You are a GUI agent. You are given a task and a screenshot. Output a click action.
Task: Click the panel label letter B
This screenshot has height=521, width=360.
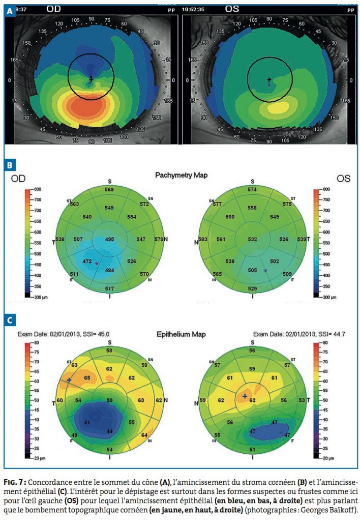point(10,165)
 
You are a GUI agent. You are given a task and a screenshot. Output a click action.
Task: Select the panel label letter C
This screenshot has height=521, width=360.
point(10,320)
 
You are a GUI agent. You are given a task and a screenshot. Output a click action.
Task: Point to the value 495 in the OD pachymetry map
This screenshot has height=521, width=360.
point(109,239)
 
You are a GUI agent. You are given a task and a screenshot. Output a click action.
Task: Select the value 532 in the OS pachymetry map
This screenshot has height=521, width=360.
point(252,239)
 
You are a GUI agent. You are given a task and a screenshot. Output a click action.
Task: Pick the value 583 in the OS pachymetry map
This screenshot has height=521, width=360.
point(203,239)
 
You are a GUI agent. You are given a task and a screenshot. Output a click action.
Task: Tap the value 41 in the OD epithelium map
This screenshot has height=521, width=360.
point(87,423)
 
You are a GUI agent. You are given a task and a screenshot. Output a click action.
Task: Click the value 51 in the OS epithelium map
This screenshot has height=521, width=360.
point(253,449)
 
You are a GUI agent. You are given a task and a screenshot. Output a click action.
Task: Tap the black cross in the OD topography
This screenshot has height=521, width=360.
point(91,79)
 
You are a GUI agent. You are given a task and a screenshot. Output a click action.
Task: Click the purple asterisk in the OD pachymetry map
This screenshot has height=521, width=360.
point(96,263)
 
